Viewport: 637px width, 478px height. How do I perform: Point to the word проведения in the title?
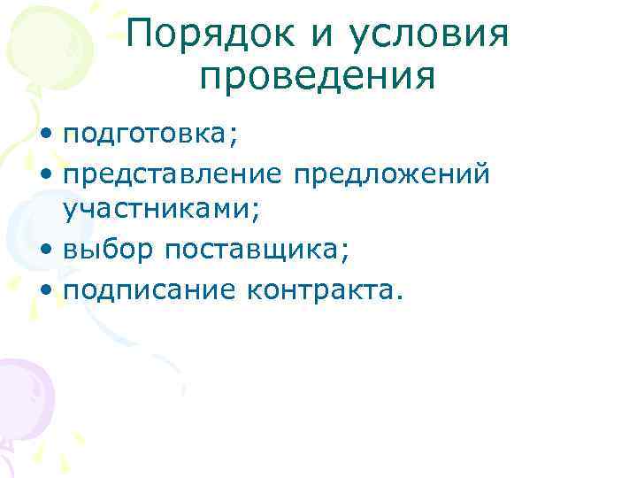(318, 78)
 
